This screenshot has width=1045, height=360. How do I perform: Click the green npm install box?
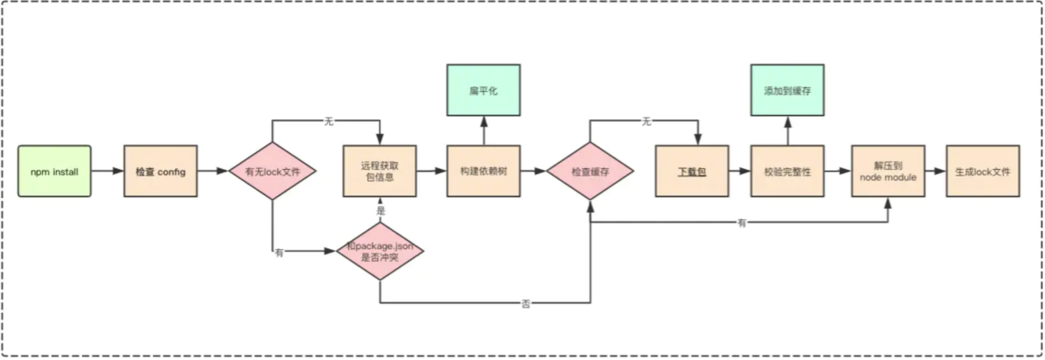(x=54, y=171)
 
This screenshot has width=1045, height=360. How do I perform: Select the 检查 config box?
(x=161, y=171)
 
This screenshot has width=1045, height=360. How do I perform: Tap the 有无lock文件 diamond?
(x=272, y=171)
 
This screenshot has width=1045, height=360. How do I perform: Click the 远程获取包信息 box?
(x=380, y=171)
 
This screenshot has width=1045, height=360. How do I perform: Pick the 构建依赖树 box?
(x=484, y=171)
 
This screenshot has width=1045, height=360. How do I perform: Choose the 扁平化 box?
(x=484, y=90)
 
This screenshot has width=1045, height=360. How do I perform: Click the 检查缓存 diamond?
(x=590, y=171)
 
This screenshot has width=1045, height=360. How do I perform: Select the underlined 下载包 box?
(x=692, y=171)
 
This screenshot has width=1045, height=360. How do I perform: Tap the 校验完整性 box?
(x=788, y=171)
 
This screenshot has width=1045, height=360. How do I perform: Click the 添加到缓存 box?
(x=788, y=90)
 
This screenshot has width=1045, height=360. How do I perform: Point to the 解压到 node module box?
(x=888, y=171)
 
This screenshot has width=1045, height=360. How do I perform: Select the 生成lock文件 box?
(x=983, y=171)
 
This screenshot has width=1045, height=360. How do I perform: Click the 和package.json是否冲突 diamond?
(x=380, y=251)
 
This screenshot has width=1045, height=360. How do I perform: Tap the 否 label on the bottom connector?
(x=526, y=304)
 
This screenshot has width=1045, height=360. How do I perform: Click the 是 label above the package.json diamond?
(x=381, y=211)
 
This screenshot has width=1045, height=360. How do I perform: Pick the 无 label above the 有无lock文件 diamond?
(x=328, y=121)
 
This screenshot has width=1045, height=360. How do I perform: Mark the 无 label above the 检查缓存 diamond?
(x=646, y=121)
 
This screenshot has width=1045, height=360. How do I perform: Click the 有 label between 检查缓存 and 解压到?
(x=742, y=223)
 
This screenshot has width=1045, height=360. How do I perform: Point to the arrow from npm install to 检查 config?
(x=108, y=171)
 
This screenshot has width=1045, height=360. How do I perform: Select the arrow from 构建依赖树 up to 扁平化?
(x=484, y=131)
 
